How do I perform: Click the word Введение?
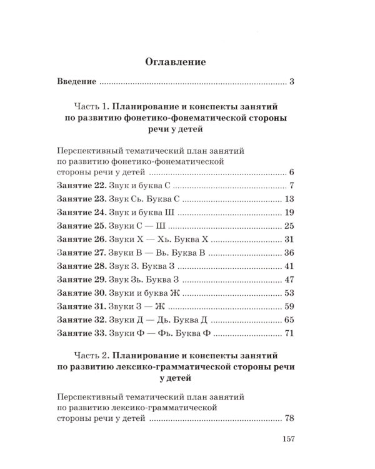(76, 82)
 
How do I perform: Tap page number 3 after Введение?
(291, 82)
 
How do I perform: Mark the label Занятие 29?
(79, 280)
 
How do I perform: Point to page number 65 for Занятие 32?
(288, 321)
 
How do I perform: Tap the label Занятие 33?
(79, 335)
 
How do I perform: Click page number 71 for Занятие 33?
(288, 335)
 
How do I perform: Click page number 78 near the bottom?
(288, 419)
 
